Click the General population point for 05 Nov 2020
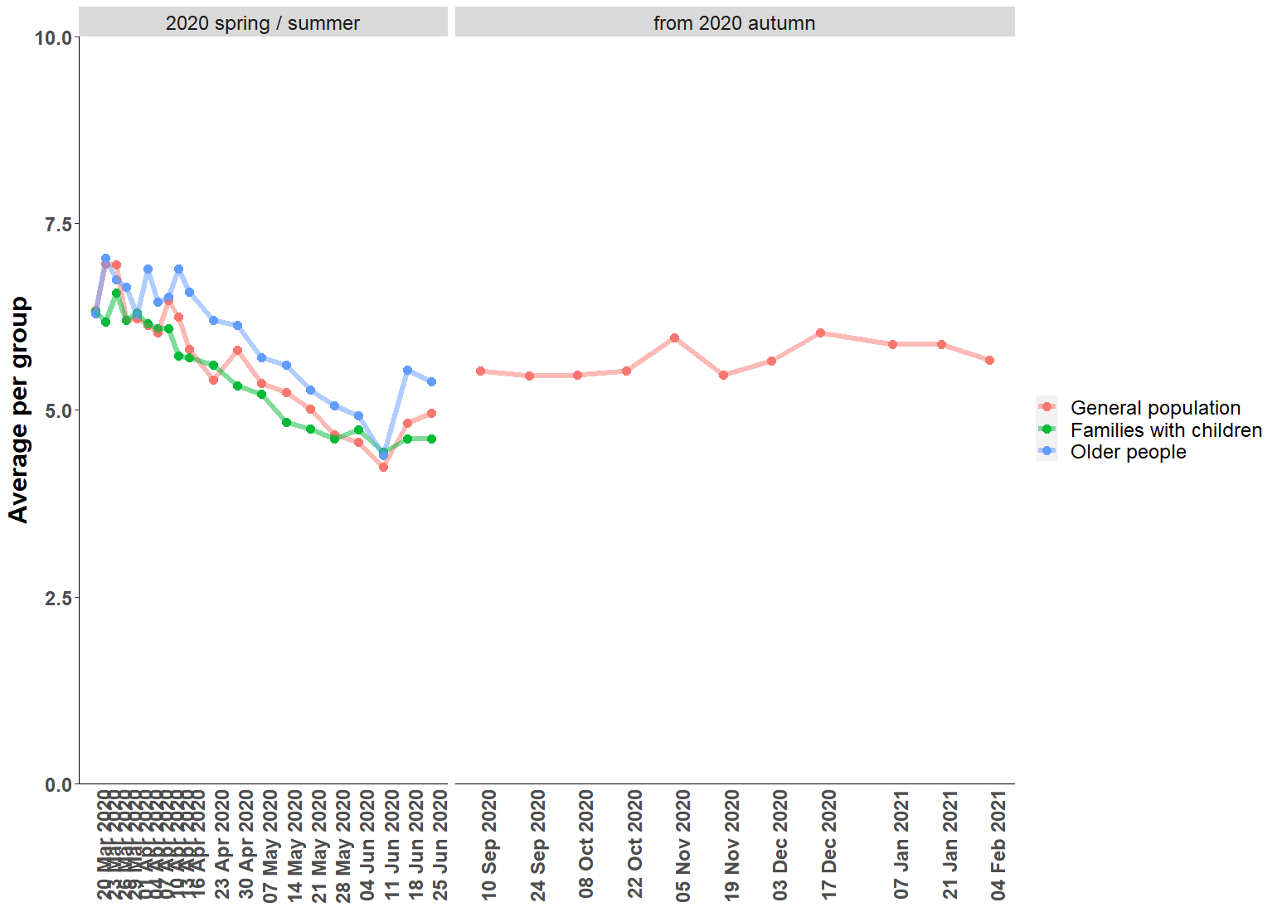674,338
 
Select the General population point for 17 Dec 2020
820,333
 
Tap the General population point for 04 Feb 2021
989,361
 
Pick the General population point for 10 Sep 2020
480,371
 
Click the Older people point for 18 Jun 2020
407,371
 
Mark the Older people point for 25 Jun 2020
431,382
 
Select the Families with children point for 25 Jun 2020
431,439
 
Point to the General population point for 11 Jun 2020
383,468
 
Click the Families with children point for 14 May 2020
286,423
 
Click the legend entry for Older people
1128,452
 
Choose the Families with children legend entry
1165,430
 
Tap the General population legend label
1155,408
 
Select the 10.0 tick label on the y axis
53,38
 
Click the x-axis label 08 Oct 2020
586,844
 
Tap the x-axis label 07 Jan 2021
901,844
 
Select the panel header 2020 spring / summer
263,23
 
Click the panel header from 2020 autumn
734,23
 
